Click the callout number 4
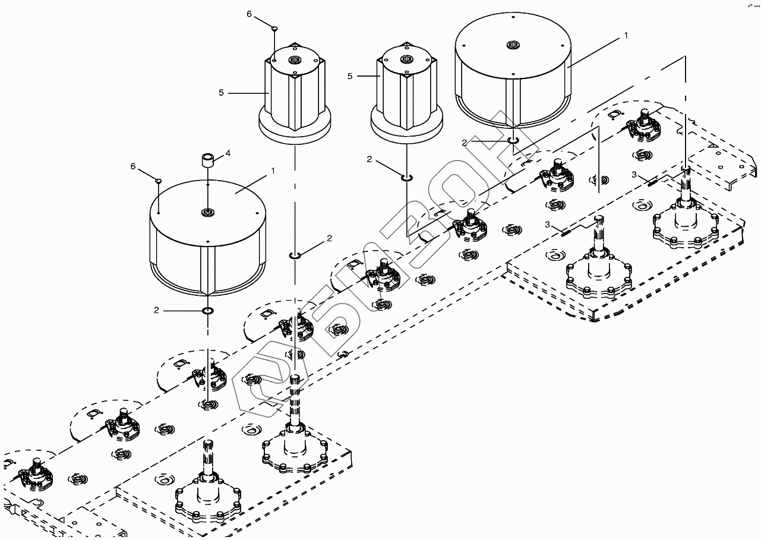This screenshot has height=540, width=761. [228, 153]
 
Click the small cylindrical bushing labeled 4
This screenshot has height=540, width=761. [207, 161]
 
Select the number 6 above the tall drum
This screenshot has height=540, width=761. [250, 14]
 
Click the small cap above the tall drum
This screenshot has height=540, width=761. [274, 28]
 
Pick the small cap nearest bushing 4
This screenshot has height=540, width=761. [159, 179]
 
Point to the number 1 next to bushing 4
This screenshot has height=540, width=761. [273, 170]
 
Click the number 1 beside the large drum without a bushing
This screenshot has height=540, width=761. [626, 36]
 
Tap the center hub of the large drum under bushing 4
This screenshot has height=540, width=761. [207, 212]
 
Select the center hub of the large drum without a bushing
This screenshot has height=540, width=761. [513, 45]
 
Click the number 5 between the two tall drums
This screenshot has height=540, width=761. [350, 76]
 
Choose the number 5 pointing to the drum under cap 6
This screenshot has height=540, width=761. [221, 93]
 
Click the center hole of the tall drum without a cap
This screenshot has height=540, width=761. [407, 58]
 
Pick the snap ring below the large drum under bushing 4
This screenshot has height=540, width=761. [208, 311]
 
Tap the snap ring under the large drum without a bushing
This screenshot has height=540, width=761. [513, 141]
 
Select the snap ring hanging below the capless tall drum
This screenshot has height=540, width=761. [407, 177]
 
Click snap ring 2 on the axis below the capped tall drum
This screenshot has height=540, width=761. [295, 255]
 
